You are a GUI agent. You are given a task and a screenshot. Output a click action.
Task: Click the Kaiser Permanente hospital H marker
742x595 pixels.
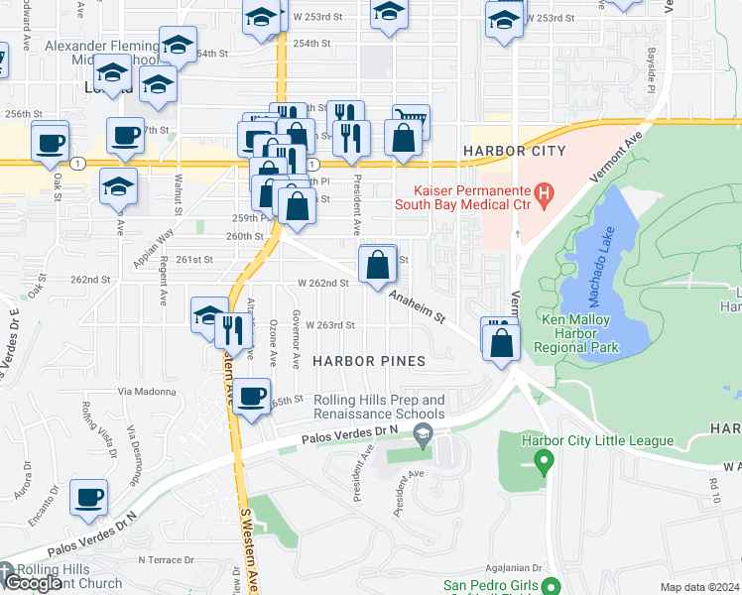pos(544,193)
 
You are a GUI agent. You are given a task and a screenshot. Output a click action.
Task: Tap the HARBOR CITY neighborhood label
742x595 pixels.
pos(514,151)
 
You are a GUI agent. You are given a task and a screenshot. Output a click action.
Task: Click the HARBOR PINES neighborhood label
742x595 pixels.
pos(369,361)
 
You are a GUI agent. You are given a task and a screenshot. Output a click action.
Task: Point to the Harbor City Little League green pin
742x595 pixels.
pos(542,460)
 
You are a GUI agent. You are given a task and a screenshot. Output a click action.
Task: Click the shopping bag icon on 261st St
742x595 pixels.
pos(378,266)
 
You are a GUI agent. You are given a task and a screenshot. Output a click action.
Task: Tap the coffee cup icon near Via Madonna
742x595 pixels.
pos(252,396)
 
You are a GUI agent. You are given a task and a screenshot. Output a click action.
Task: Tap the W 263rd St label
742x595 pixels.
pos(329,325)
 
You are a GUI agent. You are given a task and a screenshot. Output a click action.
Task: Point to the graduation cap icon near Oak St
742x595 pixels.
pos(118,186)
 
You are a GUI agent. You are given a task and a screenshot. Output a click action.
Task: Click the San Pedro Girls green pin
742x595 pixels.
pos(557,587)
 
